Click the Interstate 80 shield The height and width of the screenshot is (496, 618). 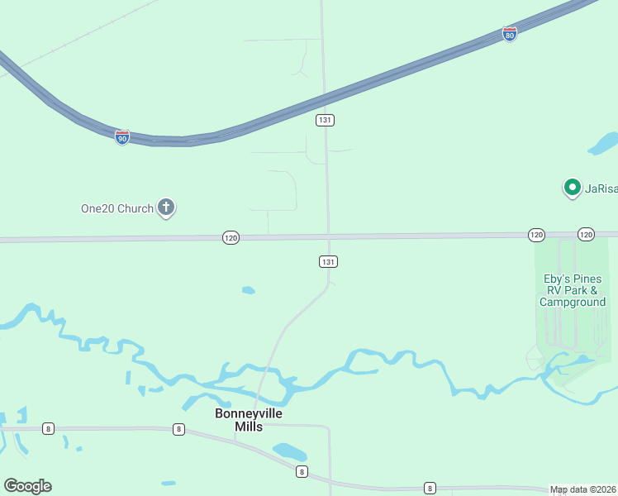point(510,34)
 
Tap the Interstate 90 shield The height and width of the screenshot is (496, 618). point(122,136)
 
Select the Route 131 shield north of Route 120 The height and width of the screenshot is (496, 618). point(325,120)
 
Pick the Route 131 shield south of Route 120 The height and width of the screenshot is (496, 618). point(328,261)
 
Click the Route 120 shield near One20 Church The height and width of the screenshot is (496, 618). point(231,237)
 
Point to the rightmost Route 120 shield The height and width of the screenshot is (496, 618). point(586,235)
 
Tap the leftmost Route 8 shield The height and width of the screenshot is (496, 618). point(49,428)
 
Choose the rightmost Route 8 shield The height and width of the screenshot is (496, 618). point(430,488)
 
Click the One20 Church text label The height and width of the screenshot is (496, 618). point(117,208)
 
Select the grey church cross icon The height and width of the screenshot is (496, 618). point(166,207)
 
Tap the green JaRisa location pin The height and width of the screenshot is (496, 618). point(572,188)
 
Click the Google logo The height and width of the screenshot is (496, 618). point(27,486)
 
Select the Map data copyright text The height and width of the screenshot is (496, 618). point(583,489)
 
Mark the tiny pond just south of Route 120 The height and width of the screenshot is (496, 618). point(248,290)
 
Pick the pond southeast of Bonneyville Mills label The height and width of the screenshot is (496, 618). point(290,452)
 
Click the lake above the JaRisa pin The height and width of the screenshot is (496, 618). point(603,143)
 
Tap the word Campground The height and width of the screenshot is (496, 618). point(573,302)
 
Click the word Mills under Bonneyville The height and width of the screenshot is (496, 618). point(249,427)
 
